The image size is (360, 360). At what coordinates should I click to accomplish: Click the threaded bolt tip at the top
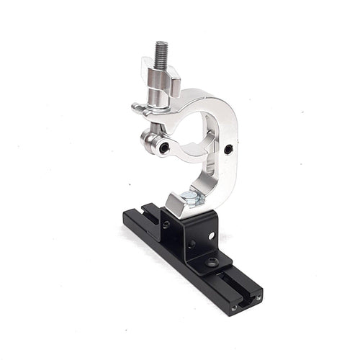point(161,50)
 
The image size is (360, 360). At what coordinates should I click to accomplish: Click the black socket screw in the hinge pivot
point(165,147)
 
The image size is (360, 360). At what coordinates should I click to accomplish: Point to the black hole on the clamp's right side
point(228,150)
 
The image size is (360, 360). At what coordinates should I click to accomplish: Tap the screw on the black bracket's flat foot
point(212,262)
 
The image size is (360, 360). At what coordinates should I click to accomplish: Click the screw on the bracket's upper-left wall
point(166,225)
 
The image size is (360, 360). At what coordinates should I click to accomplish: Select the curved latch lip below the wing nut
point(140,109)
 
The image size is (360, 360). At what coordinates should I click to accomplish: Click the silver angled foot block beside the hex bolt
point(176,204)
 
